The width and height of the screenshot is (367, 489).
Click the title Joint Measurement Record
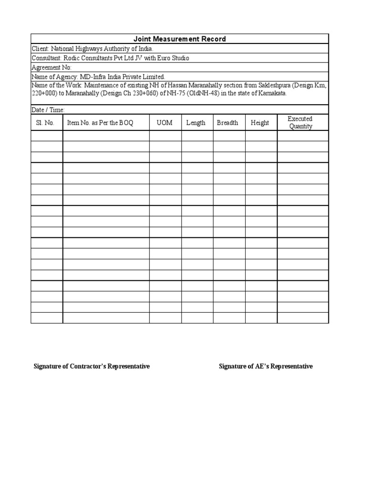coord(180,39)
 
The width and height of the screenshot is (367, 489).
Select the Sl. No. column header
coord(45,123)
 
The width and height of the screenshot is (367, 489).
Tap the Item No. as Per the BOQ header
coord(100,123)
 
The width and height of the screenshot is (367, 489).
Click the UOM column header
coord(165,123)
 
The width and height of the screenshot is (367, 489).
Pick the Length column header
coord(196,123)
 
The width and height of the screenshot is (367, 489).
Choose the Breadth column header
coord(227,123)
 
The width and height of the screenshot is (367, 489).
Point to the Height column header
coord(260,123)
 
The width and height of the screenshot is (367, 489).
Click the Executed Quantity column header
coord(301,123)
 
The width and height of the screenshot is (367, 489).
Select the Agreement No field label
coord(51,67)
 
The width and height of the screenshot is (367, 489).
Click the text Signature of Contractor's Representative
coord(91,366)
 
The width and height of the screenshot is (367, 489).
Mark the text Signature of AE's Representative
coord(266,366)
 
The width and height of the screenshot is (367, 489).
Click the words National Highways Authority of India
coord(102,49)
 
